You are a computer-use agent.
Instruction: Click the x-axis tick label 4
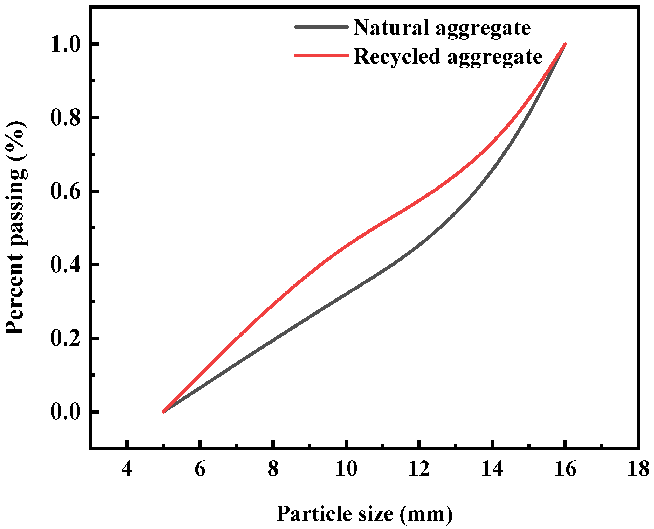127,469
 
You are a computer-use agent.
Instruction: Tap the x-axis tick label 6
200,469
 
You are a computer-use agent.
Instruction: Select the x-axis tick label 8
273,469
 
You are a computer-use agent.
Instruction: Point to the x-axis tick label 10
346,469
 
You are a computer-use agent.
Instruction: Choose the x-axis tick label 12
419,469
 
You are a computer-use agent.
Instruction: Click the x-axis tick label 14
492,469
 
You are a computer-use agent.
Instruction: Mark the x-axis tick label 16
565,469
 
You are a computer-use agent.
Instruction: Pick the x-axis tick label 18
638,469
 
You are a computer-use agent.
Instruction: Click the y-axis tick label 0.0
66,412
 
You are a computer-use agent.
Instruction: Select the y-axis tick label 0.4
66,265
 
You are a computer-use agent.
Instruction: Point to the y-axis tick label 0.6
66,191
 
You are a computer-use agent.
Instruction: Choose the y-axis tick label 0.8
66,118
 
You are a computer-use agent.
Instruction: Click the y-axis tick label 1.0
66,44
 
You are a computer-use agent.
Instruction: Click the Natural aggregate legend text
442,28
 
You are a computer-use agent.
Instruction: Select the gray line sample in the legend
321,27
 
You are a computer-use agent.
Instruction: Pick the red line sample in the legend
321,55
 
